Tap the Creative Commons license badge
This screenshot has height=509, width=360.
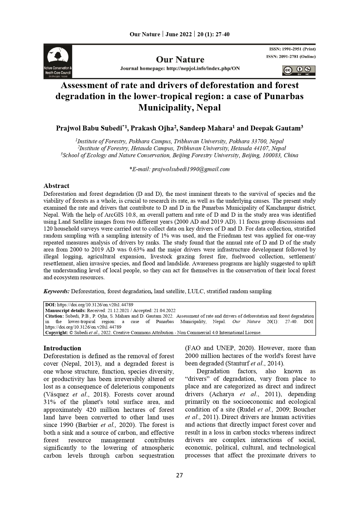tap(299, 70)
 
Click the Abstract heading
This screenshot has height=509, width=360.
tap(56, 186)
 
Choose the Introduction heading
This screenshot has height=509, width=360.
tap(62, 348)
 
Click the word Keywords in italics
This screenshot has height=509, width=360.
tap(56, 291)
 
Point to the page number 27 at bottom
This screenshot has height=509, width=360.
tap(180, 475)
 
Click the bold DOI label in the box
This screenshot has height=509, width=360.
tap(50, 305)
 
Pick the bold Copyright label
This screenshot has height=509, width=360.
tap(56, 333)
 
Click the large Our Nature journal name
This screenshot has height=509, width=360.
tap(180, 59)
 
